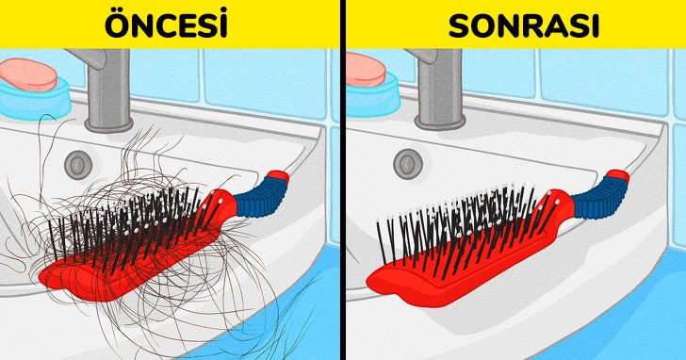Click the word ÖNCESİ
[x=166, y=25]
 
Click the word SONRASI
[x=524, y=27]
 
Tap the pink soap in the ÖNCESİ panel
[x=28, y=74]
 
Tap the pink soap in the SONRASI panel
[x=366, y=70]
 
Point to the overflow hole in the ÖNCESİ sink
[x=78, y=165]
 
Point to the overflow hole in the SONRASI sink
[x=407, y=163]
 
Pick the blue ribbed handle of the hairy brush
[x=259, y=197]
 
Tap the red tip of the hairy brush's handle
[x=278, y=177]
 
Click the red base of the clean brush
[x=455, y=262]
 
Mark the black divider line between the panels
[x=343, y=180]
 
